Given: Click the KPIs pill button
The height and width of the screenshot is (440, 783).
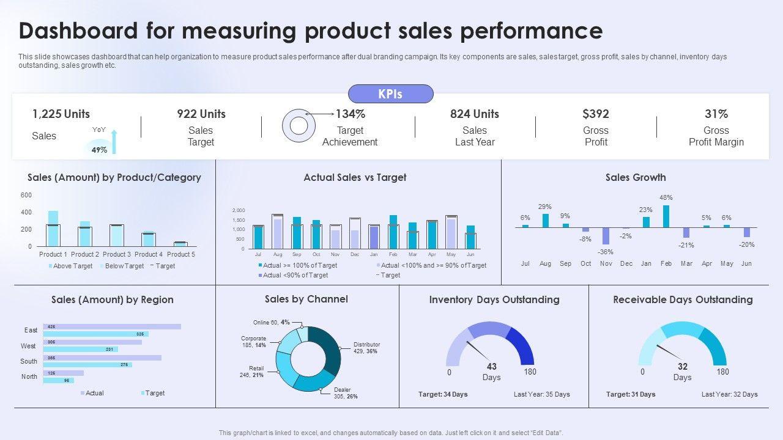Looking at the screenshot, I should click(390, 94).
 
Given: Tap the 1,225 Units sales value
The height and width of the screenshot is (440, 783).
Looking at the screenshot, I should click(61, 114).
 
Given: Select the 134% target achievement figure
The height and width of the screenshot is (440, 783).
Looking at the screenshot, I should click(351, 114).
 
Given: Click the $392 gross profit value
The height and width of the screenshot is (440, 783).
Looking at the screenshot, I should click(596, 114).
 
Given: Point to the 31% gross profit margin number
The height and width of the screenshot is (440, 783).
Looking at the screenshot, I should click(716, 114).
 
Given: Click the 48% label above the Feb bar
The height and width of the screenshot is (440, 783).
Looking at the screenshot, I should click(666, 197).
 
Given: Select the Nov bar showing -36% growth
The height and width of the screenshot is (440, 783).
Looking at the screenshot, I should click(606, 236).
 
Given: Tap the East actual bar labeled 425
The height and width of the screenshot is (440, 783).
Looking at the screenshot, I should click(112, 327).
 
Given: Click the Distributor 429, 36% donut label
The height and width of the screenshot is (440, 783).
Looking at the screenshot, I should click(366, 348).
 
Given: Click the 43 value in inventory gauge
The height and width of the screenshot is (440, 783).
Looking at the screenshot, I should click(492, 367).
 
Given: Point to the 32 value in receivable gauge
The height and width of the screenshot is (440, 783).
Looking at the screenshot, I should click(683, 367).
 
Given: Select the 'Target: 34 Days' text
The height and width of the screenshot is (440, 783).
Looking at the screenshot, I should click(443, 394).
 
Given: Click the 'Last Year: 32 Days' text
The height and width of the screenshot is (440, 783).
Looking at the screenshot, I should click(729, 394).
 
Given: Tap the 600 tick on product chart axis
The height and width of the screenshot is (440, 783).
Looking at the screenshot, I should click(26, 196).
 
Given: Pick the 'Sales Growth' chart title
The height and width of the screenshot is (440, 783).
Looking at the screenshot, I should click(636, 177).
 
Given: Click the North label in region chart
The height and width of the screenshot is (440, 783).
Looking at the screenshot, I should click(29, 376).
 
